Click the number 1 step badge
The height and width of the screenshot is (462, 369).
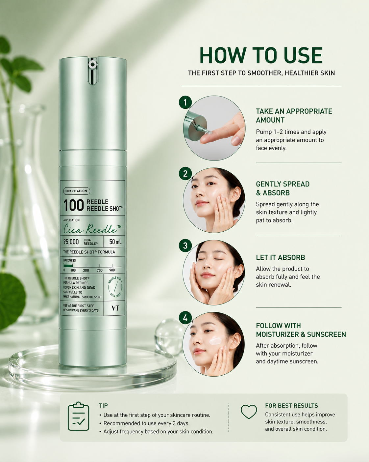click(x=185, y=102)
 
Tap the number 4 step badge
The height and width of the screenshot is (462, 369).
click(x=185, y=318)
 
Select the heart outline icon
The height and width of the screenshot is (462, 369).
click(x=249, y=412)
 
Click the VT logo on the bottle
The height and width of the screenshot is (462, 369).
click(x=115, y=308)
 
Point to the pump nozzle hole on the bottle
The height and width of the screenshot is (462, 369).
click(x=92, y=64)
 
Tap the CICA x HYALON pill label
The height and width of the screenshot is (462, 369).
click(x=77, y=191)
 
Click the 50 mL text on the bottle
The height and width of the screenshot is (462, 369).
click(x=115, y=242)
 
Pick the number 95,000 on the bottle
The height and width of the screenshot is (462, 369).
click(x=71, y=242)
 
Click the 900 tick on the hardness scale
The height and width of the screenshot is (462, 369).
click(x=112, y=270)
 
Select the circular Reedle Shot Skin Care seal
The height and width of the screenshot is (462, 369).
click(x=115, y=287)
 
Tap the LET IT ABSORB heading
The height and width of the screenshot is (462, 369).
click(x=280, y=257)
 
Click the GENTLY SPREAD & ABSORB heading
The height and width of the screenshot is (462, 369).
click(x=283, y=188)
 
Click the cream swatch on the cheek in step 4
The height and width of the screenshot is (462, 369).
click(x=215, y=341)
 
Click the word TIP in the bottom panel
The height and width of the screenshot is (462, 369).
click(x=103, y=406)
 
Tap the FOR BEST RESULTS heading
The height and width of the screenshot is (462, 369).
click(x=291, y=406)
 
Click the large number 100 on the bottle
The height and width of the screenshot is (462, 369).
click(x=73, y=205)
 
